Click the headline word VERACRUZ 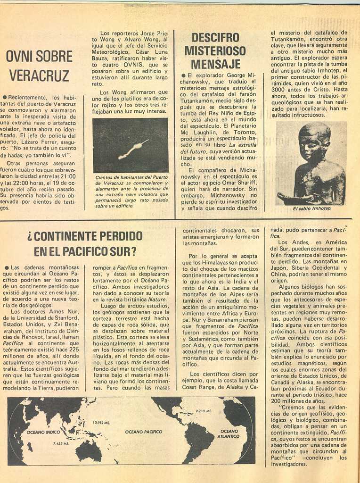point(39,75)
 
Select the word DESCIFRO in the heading point(215,38)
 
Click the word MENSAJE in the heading point(215,64)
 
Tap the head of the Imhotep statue point(314,142)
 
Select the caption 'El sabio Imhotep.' point(312,208)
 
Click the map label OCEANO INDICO point(43,432)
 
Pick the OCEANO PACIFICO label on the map point(143,432)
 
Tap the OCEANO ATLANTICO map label point(229,433)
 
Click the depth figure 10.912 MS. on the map point(101,423)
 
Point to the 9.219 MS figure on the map point(203,411)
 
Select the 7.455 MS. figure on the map point(61,443)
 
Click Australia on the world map point(89,450)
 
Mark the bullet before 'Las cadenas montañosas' point(6,267)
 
